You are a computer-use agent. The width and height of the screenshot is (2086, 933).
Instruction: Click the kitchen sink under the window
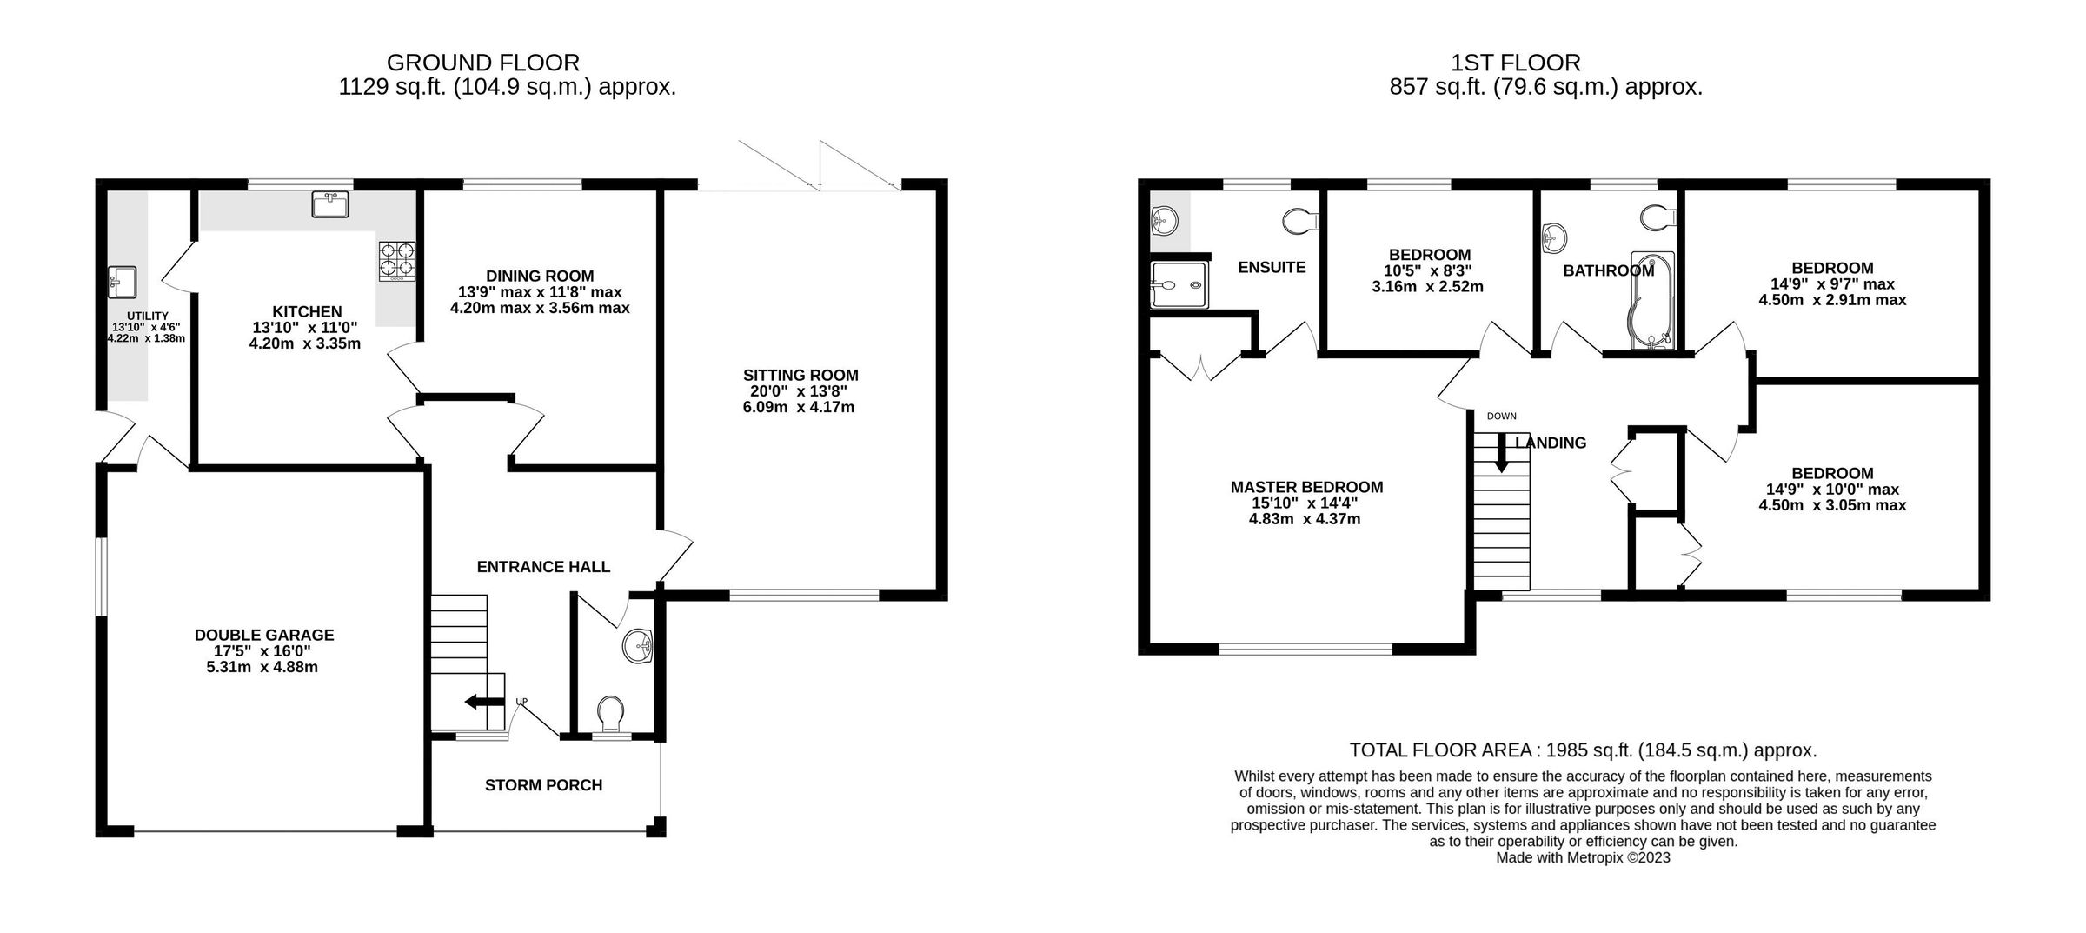[x=330, y=204]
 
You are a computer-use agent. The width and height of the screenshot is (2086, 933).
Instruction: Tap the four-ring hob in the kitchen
[x=396, y=261]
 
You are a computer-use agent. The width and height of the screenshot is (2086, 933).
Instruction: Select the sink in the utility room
[x=123, y=281]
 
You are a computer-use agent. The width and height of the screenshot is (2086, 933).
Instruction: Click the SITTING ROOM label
[x=800, y=376]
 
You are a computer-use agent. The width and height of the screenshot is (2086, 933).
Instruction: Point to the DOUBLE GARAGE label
[x=264, y=636]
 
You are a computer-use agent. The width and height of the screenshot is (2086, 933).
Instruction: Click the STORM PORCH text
[x=543, y=785]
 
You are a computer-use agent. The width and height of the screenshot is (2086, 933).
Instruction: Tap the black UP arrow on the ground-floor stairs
[x=484, y=702]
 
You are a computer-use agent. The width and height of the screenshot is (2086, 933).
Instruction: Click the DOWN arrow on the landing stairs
[x=1501, y=454]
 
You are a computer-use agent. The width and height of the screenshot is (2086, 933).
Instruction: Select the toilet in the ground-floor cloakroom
[x=611, y=712]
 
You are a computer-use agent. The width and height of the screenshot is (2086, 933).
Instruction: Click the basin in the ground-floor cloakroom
[x=638, y=646]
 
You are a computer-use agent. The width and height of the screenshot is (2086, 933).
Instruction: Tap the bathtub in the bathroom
[x=1651, y=301]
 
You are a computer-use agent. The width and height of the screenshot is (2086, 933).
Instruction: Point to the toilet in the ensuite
[x=1301, y=221]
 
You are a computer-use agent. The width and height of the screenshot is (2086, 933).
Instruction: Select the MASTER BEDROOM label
[x=1306, y=488]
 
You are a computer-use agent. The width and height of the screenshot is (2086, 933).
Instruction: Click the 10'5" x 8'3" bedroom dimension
[x=1428, y=271]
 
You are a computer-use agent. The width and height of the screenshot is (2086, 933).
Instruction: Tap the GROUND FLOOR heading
[x=482, y=63]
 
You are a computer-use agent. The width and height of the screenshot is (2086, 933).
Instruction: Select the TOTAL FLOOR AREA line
[x=1582, y=750]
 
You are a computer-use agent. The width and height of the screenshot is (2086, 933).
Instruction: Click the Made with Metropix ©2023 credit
[x=1582, y=857]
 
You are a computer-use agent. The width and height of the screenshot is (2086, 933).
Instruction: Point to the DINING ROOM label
[x=540, y=277]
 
